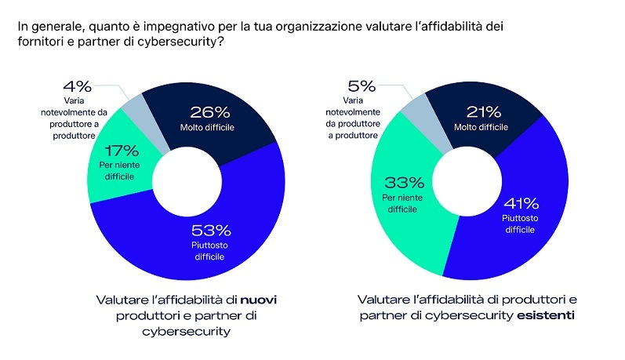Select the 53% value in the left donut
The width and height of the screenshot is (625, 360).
click(x=211, y=231)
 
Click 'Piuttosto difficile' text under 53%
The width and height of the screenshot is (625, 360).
click(x=211, y=252)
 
